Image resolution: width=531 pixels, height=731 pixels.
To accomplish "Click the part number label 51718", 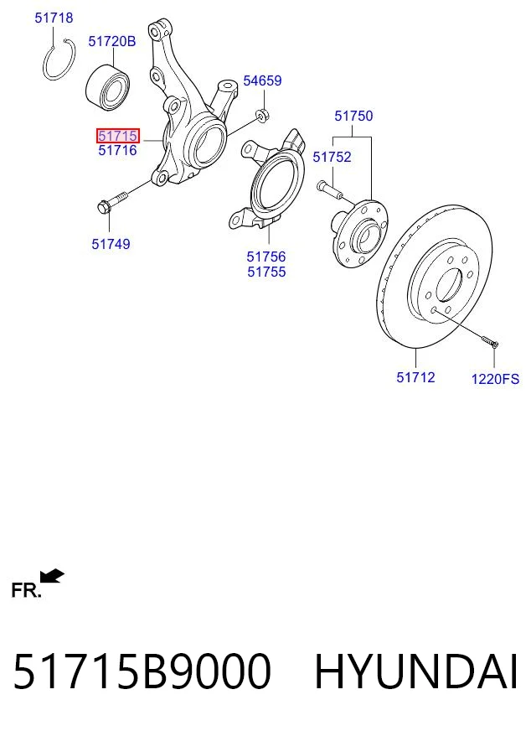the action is (x=54, y=18).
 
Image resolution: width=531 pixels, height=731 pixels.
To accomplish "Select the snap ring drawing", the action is (x=46, y=70).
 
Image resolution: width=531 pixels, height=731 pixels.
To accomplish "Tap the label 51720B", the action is (x=112, y=41).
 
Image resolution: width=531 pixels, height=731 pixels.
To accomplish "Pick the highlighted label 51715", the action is (x=118, y=136).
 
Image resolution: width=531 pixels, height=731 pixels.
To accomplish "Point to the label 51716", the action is (x=118, y=150).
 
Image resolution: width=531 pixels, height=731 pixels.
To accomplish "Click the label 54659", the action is (x=263, y=80).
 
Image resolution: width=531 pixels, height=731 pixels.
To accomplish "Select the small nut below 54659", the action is (x=262, y=115).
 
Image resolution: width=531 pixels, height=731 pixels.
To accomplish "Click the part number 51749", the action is (x=111, y=244).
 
